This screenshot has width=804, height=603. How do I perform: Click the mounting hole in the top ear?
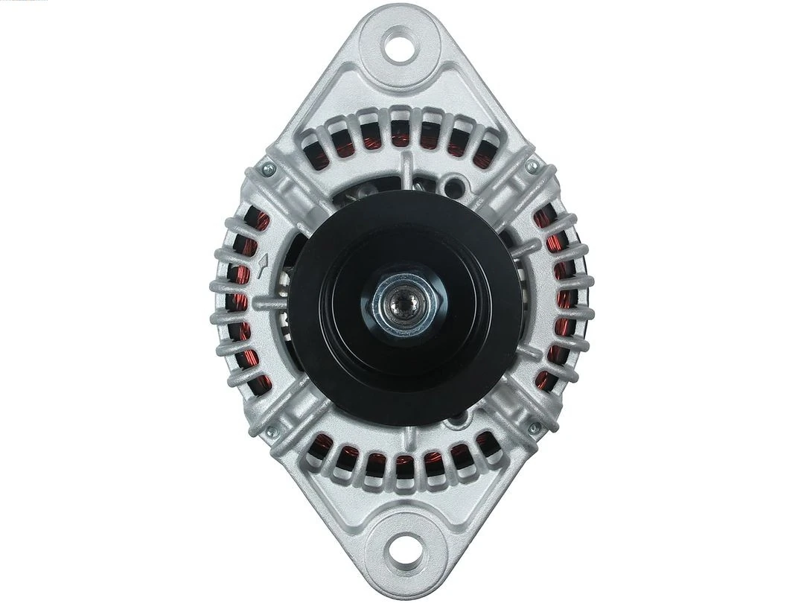(x=401, y=44)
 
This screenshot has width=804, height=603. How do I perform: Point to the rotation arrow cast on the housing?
(x=263, y=266)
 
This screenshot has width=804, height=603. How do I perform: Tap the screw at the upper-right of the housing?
(x=531, y=167)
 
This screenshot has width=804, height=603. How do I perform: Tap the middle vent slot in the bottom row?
(x=403, y=465)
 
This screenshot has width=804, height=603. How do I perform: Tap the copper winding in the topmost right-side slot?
(x=543, y=217)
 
